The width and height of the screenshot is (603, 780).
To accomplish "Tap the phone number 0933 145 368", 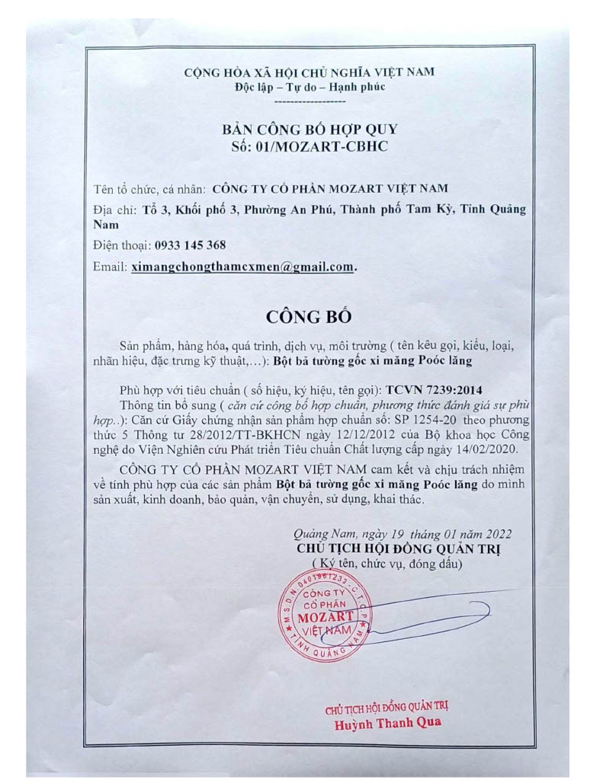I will click(190, 245).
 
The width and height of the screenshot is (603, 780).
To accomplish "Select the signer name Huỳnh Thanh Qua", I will click(388, 724).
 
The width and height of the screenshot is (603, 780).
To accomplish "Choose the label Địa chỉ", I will click(115, 209).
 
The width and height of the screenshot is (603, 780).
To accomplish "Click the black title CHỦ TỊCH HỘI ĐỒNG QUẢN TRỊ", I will click(402, 548).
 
